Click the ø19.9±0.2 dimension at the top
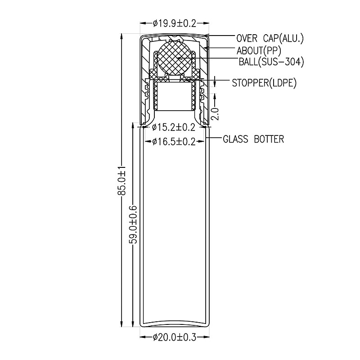tap(175, 23)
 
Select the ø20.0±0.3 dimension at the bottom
tap(175, 337)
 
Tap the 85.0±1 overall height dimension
tap(121, 181)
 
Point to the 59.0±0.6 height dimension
tap(133, 225)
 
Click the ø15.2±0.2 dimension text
tap(174, 127)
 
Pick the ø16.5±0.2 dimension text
tap(174, 141)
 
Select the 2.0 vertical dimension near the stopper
tap(215, 114)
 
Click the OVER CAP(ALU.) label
tap(270, 38)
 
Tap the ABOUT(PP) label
tap(259, 50)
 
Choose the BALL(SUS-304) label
tap(271, 62)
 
